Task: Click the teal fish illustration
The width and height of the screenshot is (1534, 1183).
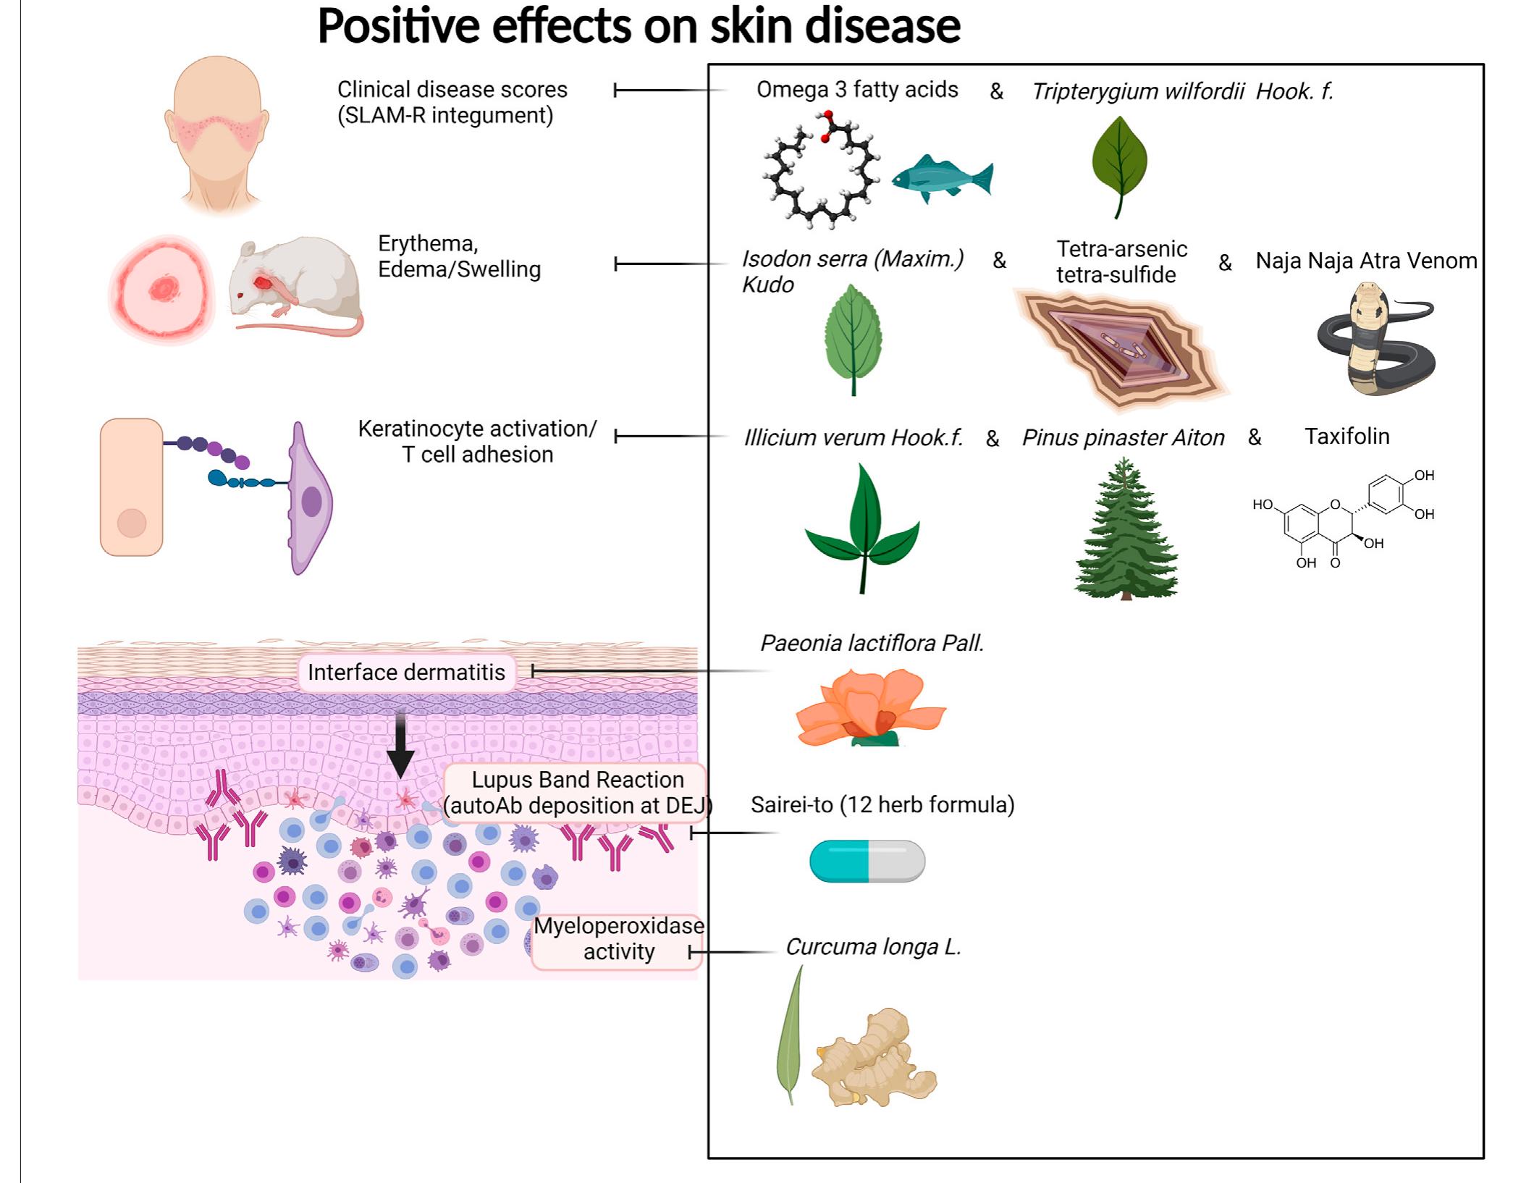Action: coord(942,178)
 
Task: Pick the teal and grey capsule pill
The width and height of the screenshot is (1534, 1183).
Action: coord(867,861)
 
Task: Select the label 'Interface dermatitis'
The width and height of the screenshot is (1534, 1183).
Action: coord(406,673)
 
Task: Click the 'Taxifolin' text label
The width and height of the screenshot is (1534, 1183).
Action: coord(1347,437)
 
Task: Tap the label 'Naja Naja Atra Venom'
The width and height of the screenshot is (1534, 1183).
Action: coord(1366,261)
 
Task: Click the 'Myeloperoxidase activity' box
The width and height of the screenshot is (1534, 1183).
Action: coord(618,939)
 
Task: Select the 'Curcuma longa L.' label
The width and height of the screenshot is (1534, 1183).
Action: coord(873,947)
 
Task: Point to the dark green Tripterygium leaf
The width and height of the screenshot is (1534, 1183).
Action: coord(1119,163)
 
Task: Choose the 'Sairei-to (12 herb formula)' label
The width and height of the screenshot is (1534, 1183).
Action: coord(882,805)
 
